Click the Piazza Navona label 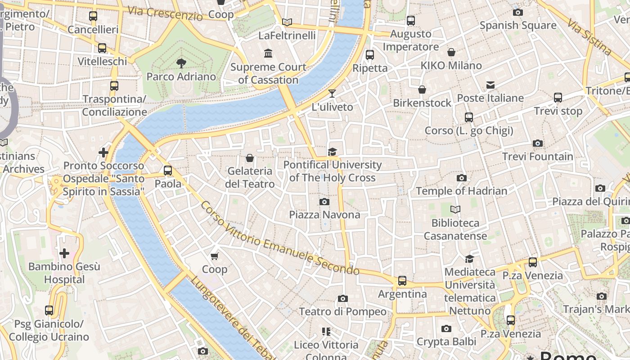pyautogui.click(x=324, y=215)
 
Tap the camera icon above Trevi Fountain pyautogui.click(x=537, y=144)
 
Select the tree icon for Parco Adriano pyautogui.click(x=181, y=63)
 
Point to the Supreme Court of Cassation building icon pyautogui.click(x=269, y=54)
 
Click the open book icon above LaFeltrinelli pyautogui.click(x=287, y=22)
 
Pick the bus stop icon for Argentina pyautogui.click(x=402, y=281)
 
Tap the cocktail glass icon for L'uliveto pyautogui.click(x=332, y=94)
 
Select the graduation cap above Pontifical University pyautogui.click(x=333, y=152)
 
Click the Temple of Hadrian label pyautogui.click(x=461, y=191)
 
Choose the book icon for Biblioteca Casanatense pyautogui.click(x=455, y=210)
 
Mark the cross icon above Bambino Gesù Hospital pyautogui.click(x=64, y=253)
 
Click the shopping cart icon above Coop pyautogui.click(x=215, y=256)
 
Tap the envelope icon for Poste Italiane pyautogui.click(x=490, y=85)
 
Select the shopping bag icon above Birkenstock pyautogui.click(x=422, y=90)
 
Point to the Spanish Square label pyautogui.click(x=518, y=25)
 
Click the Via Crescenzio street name pyautogui.click(x=165, y=13)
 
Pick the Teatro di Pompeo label pyautogui.click(x=342, y=311)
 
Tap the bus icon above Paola pyautogui.click(x=168, y=171)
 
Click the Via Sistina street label pyautogui.click(x=589, y=37)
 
